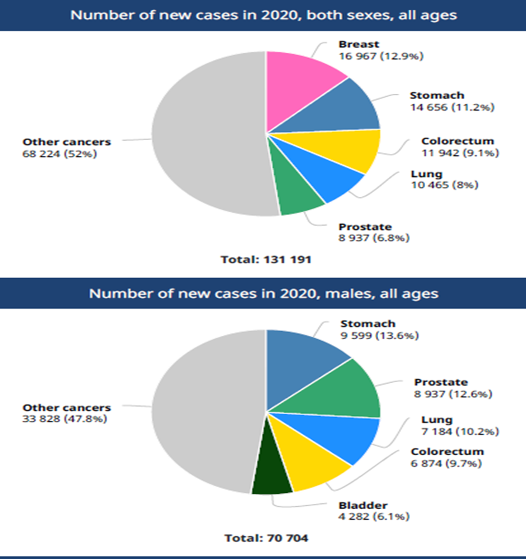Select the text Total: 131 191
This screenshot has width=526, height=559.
tap(266, 259)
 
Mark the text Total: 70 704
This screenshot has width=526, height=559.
tap(266, 537)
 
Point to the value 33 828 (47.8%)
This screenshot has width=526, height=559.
tap(65, 419)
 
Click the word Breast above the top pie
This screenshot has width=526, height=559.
tap(359, 45)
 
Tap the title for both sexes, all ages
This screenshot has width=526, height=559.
tap(263, 15)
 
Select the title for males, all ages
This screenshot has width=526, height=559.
tap(263, 293)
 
